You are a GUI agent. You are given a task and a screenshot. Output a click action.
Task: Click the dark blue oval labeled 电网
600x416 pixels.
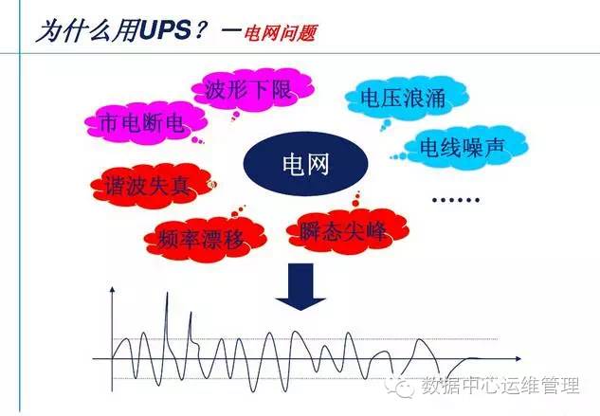[305, 167]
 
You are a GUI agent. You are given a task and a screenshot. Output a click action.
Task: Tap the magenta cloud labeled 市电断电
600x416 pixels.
[142, 123]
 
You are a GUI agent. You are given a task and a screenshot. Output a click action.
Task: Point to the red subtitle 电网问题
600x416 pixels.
[280, 33]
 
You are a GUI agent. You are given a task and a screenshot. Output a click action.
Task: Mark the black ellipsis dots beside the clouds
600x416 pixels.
[455, 199]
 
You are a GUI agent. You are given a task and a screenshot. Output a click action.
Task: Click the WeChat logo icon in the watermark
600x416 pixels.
[406, 387]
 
